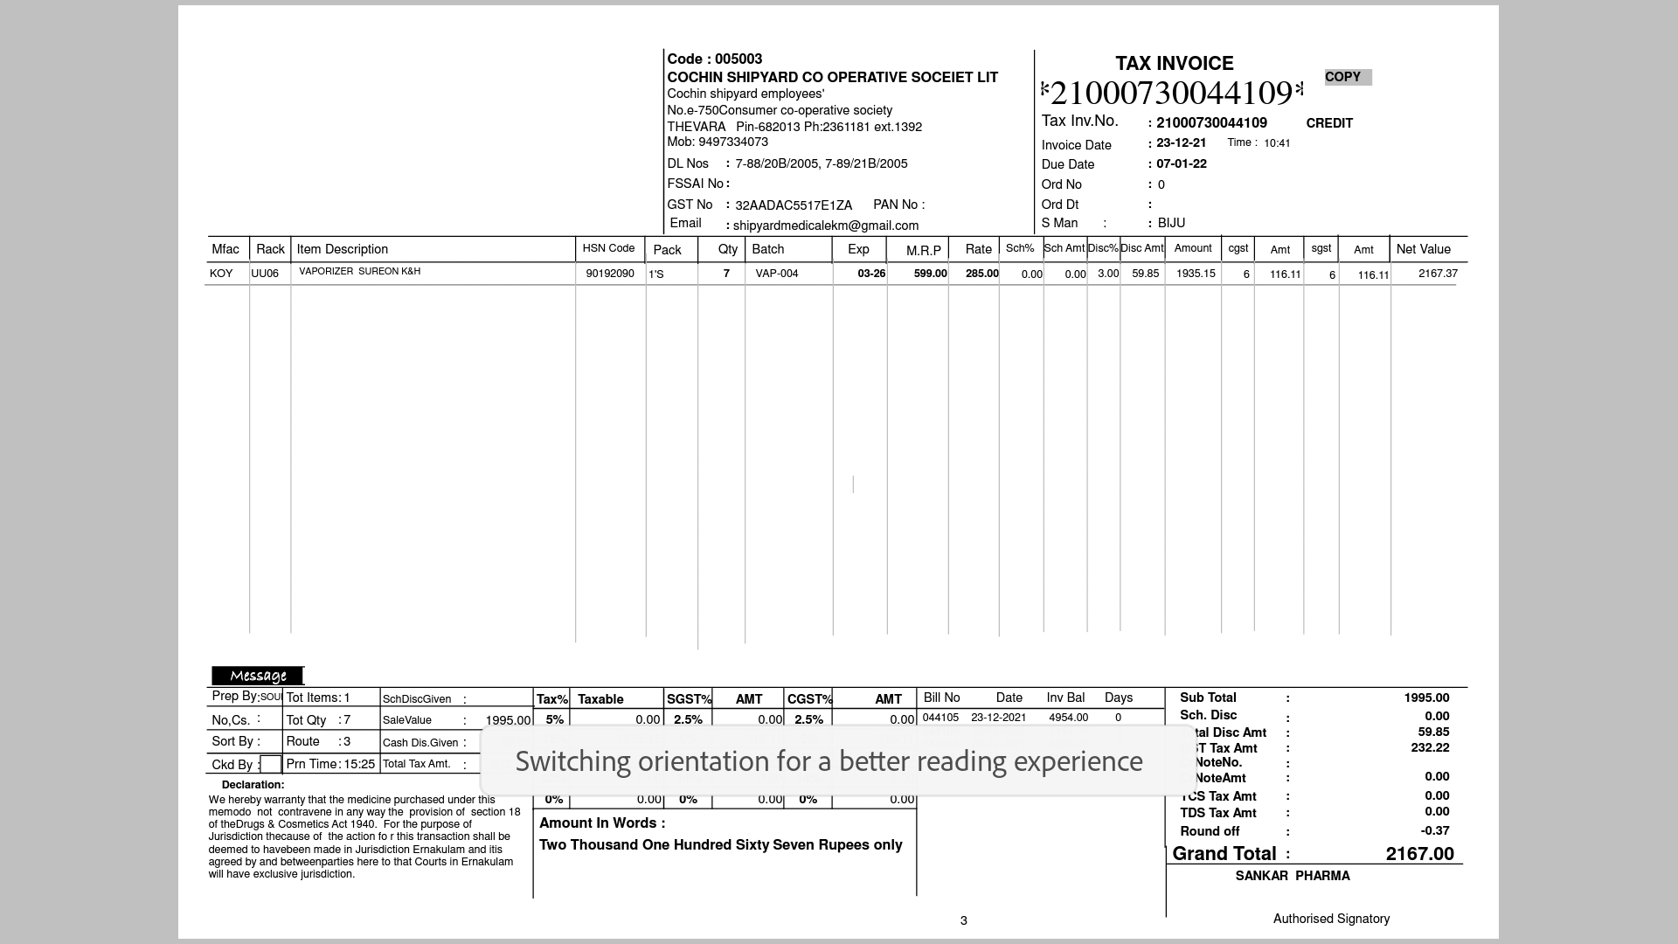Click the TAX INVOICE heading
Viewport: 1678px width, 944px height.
coord(1174,63)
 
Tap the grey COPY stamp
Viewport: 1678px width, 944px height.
coord(1347,77)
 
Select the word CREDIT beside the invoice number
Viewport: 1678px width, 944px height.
coord(1328,123)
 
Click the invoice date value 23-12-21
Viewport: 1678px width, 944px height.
coord(1181,142)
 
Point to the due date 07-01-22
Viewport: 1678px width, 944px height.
coord(1181,163)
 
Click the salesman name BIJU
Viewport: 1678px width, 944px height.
coord(1171,223)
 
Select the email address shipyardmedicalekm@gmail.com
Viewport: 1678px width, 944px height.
coord(825,226)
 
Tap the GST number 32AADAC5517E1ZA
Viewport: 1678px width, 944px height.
coord(793,205)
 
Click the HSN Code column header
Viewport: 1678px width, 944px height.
coord(608,248)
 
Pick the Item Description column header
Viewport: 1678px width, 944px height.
coord(342,249)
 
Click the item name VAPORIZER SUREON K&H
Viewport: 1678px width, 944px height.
coord(359,271)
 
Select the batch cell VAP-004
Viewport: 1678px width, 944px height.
coord(776,274)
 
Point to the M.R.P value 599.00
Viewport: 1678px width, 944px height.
coord(930,274)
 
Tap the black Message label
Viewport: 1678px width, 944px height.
coord(258,676)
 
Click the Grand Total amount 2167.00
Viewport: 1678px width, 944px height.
coord(1419,854)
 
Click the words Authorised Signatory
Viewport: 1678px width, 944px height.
coord(1330,919)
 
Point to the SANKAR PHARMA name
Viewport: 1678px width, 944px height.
coord(1292,876)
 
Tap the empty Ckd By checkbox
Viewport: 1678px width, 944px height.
coord(271,765)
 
